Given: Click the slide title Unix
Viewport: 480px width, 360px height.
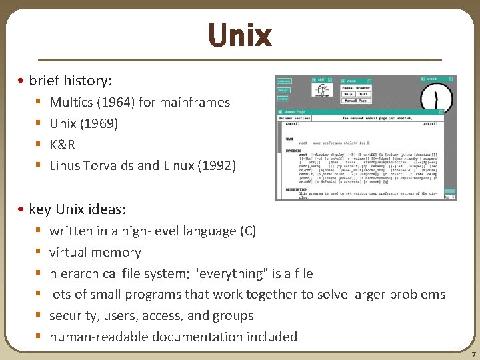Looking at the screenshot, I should point(239,35).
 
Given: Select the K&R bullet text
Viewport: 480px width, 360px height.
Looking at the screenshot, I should point(62,145).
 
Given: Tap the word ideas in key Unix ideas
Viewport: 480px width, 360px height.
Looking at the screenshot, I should point(105,209).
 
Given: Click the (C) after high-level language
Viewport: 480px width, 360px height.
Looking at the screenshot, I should point(247,231).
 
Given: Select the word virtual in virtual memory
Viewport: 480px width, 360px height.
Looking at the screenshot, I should point(70,253).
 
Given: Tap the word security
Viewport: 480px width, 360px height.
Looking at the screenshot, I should point(73,316).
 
